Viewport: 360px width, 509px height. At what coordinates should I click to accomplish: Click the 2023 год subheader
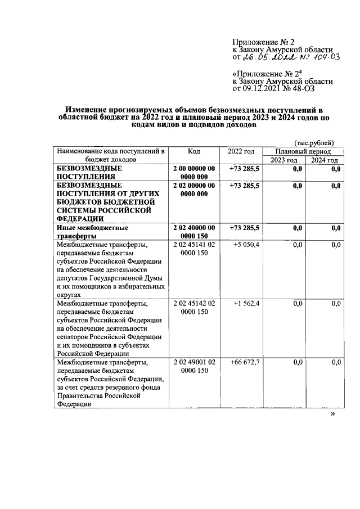(x=283, y=160)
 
